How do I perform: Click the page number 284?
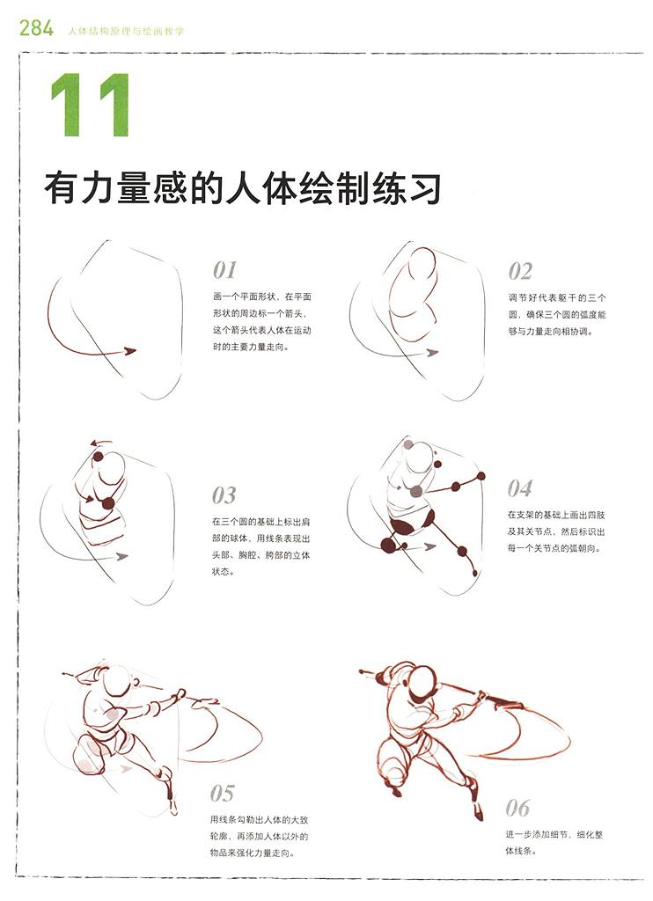tap(37, 27)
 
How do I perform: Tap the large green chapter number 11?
tap(91, 105)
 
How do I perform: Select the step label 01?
tap(224, 270)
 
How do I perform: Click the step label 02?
tap(520, 271)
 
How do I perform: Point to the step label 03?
tap(224, 495)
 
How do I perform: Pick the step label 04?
tap(519, 489)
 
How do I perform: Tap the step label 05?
tap(222, 794)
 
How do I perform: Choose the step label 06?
tap(517, 809)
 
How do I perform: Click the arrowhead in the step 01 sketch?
tap(130, 350)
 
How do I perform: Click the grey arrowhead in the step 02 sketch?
tap(432, 353)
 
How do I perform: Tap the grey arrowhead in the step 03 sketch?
tap(121, 556)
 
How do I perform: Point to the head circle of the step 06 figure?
tap(423, 682)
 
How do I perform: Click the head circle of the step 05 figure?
tap(119, 682)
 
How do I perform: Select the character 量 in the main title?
tap(134, 188)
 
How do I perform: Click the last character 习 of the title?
tap(423, 188)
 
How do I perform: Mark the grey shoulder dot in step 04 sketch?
tap(416, 491)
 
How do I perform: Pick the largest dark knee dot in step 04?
tap(389, 545)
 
